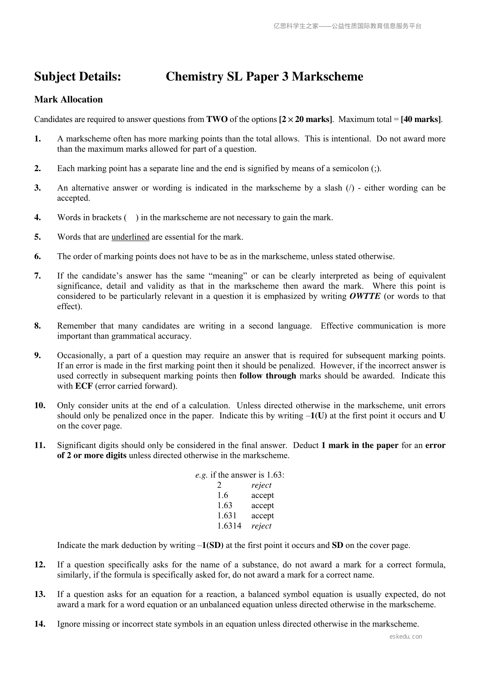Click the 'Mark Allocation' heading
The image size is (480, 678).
[x=69, y=99]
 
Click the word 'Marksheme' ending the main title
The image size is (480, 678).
[x=327, y=76]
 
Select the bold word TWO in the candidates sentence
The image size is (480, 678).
[x=217, y=119]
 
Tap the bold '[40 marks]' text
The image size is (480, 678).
[x=421, y=119]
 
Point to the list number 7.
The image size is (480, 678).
[x=37, y=276]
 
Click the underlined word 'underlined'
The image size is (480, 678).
[x=130, y=237]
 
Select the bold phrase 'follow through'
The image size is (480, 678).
[x=268, y=376]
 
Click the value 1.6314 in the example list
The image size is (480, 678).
[x=229, y=526]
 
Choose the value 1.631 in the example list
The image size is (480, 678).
[x=227, y=515]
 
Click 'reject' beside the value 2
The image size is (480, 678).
[x=261, y=485]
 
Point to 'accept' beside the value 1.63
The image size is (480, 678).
[x=262, y=505]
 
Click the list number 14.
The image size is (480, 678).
[x=39, y=624]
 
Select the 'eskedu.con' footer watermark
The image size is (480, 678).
[x=406, y=637]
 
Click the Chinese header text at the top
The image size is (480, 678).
[x=347, y=26]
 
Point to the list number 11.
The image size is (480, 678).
[x=39, y=445]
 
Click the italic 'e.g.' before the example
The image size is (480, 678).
[x=202, y=475]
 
